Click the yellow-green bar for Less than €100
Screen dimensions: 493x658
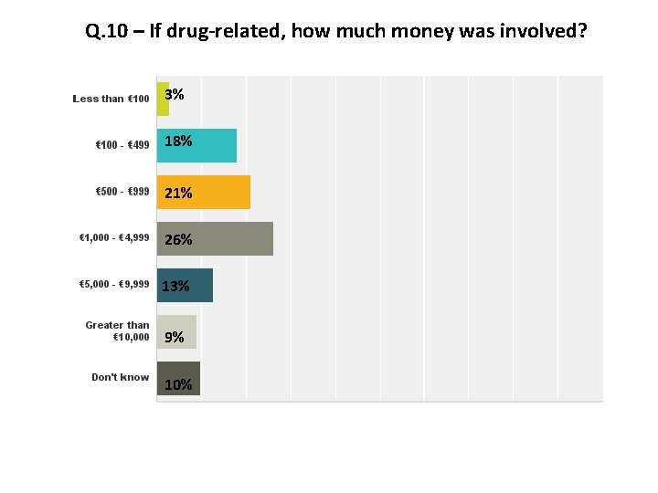(x=163, y=99)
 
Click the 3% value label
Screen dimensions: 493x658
(x=175, y=94)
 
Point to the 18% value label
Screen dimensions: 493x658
(x=178, y=141)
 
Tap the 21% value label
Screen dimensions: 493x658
(x=178, y=193)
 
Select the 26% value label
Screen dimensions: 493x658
(x=178, y=239)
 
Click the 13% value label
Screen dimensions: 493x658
(x=175, y=286)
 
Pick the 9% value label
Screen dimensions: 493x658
(x=174, y=337)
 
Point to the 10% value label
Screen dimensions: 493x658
(x=178, y=384)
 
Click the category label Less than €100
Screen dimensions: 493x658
(x=111, y=99)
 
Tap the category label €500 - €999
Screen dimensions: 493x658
(x=122, y=192)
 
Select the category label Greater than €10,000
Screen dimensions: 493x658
(x=118, y=330)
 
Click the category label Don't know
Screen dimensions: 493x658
(x=120, y=377)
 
